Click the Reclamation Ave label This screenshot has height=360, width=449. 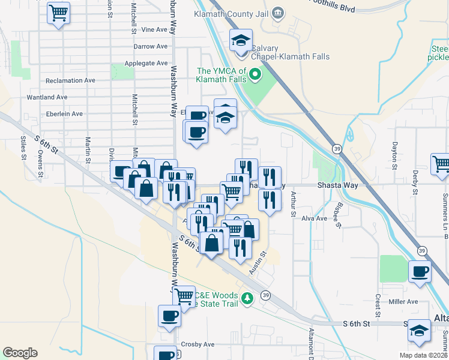70,80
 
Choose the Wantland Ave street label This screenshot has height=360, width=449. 47,97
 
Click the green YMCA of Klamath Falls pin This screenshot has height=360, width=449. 255,74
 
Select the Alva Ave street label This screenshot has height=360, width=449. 315,218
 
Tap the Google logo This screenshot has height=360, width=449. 20,353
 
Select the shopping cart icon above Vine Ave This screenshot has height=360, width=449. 58,12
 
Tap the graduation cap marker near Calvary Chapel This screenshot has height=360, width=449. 241,40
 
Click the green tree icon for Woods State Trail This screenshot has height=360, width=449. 246,298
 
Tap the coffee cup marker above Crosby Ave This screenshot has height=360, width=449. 169,316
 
